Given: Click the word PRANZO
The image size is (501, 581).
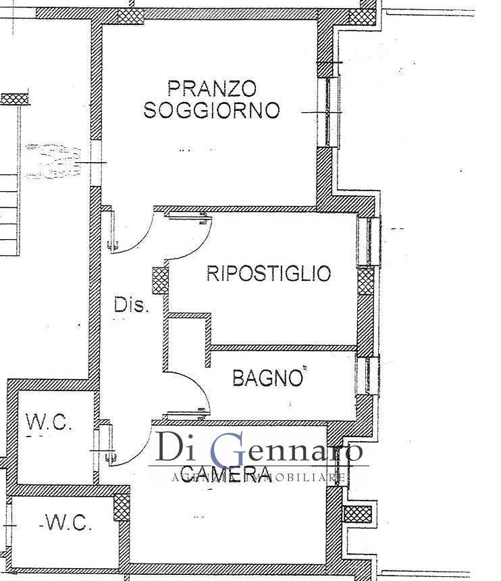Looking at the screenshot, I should coord(212,89).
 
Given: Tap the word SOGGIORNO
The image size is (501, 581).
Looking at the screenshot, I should coord(211,110).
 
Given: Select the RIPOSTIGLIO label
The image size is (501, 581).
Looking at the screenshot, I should coord(269,274).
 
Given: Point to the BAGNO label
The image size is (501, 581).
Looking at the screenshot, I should coord(267,378).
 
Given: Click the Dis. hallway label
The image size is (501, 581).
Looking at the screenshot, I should coord(130,305).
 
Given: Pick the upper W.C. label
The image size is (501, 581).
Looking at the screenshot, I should coord(48,422).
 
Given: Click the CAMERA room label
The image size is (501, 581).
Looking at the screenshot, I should coord(226,472).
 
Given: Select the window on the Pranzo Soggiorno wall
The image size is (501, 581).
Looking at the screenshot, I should coord(331,111).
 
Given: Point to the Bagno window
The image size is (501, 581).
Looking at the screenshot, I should coord(370,376).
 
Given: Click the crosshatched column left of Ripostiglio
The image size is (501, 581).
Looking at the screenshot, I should coord(160,280).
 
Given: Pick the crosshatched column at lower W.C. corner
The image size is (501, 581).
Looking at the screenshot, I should coord(122,504).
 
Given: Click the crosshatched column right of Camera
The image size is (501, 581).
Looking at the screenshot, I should coord(355,513).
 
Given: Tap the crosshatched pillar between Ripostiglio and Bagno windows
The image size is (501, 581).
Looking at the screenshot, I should coord(365,281).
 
